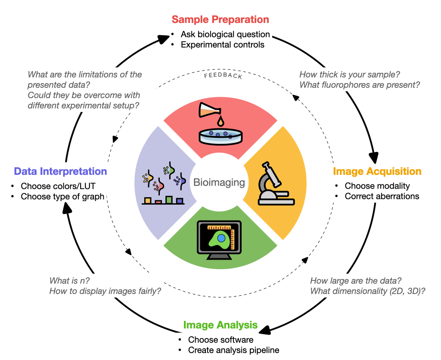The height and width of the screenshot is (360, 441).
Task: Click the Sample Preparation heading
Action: coord(220,20)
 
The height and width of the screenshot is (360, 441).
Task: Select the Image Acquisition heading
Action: coord(377,171)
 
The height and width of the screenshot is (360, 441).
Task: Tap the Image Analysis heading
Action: coord(220,325)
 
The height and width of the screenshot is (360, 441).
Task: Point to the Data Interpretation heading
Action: coord(60,171)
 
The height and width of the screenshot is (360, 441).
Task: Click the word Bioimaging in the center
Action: coord(219,182)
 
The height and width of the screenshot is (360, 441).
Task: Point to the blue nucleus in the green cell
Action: coord(221,237)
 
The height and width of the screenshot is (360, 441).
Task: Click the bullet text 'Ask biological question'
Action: coord(225,34)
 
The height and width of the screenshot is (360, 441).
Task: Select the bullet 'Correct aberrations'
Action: coord(382,196)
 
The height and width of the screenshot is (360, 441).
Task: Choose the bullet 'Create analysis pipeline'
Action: coord(233,350)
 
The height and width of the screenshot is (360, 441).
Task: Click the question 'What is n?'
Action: coord(67,281)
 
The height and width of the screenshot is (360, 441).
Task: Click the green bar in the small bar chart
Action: coord(169,199)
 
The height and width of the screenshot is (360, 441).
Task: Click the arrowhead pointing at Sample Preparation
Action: coord(164,38)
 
